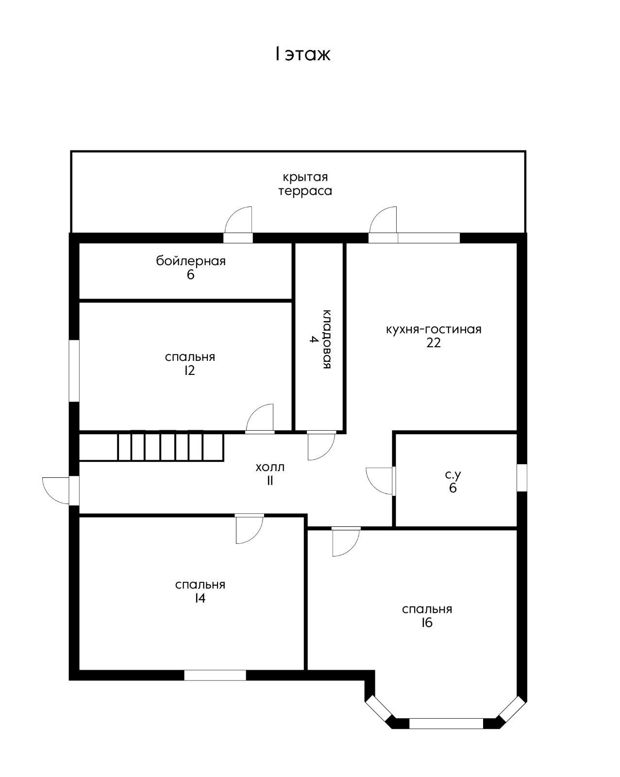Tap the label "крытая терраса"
(305, 184)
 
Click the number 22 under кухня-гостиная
(433, 342)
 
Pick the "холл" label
(270, 467)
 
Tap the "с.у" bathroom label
(453, 475)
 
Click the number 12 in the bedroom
(189, 371)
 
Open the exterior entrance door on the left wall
(58, 490)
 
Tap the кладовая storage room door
(321, 445)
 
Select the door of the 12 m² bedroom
(260, 418)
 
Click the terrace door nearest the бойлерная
(238, 224)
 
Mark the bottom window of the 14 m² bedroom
(215, 675)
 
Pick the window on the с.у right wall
(521, 477)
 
